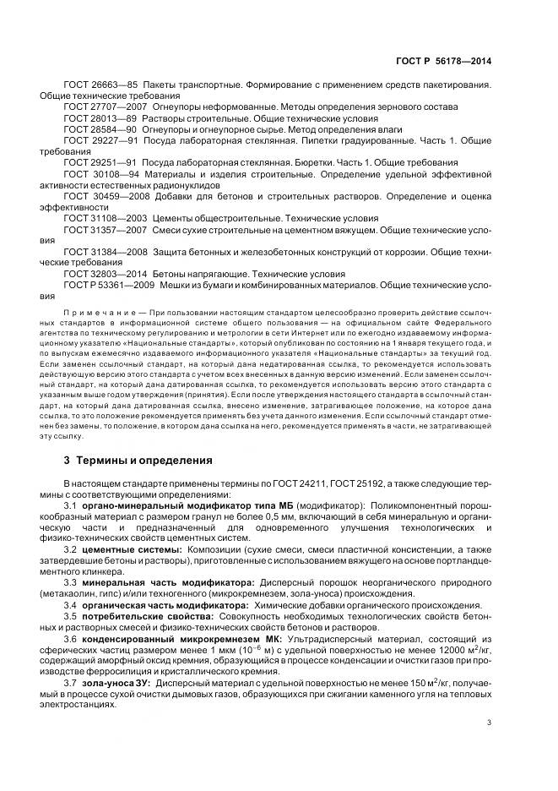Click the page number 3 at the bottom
click(490, 722)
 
